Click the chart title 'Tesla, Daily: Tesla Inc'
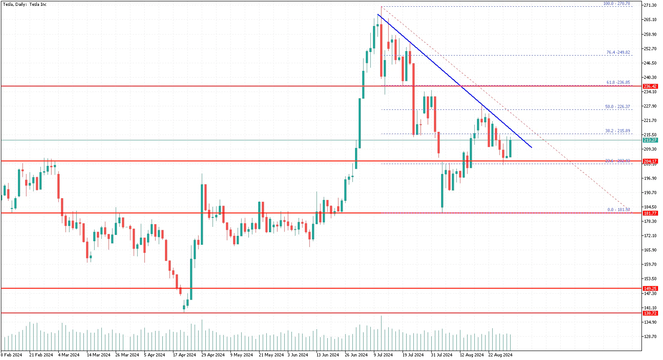tap(25, 4)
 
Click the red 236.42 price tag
tap(650, 86)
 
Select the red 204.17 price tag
tap(650, 161)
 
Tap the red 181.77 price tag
tap(650, 213)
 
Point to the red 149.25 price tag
tap(650, 289)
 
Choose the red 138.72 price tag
tap(650, 313)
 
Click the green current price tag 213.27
tap(650, 140)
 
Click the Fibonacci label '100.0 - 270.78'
tap(617, 4)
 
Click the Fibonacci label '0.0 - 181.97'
tap(619, 210)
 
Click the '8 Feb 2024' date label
tap(12, 355)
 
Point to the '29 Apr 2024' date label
tap(213, 355)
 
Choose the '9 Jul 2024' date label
tap(383, 355)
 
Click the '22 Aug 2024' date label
tap(500, 355)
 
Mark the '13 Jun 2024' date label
tap(327, 355)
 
